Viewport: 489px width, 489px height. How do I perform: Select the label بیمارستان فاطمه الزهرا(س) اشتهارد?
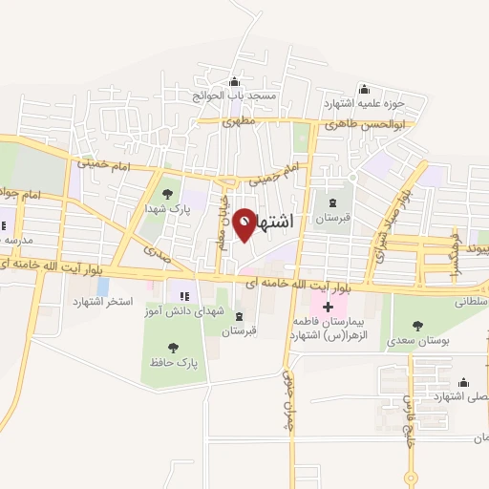pos(330,329)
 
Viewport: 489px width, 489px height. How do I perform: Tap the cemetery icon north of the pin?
pos(333,202)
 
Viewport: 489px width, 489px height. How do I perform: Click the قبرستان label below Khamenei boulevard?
pos(239,331)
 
